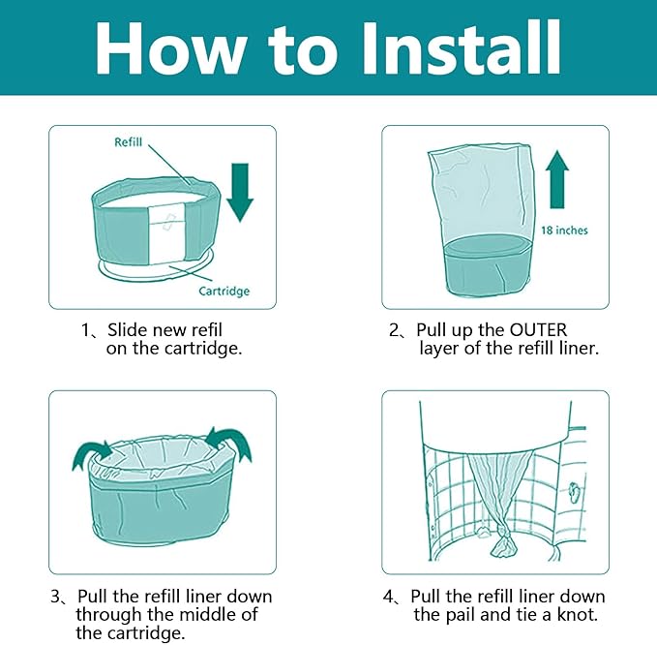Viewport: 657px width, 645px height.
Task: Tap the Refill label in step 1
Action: [x=128, y=142]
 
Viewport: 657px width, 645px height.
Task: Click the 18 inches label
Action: [x=564, y=230]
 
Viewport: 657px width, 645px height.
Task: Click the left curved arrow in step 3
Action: [x=92, y=451]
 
